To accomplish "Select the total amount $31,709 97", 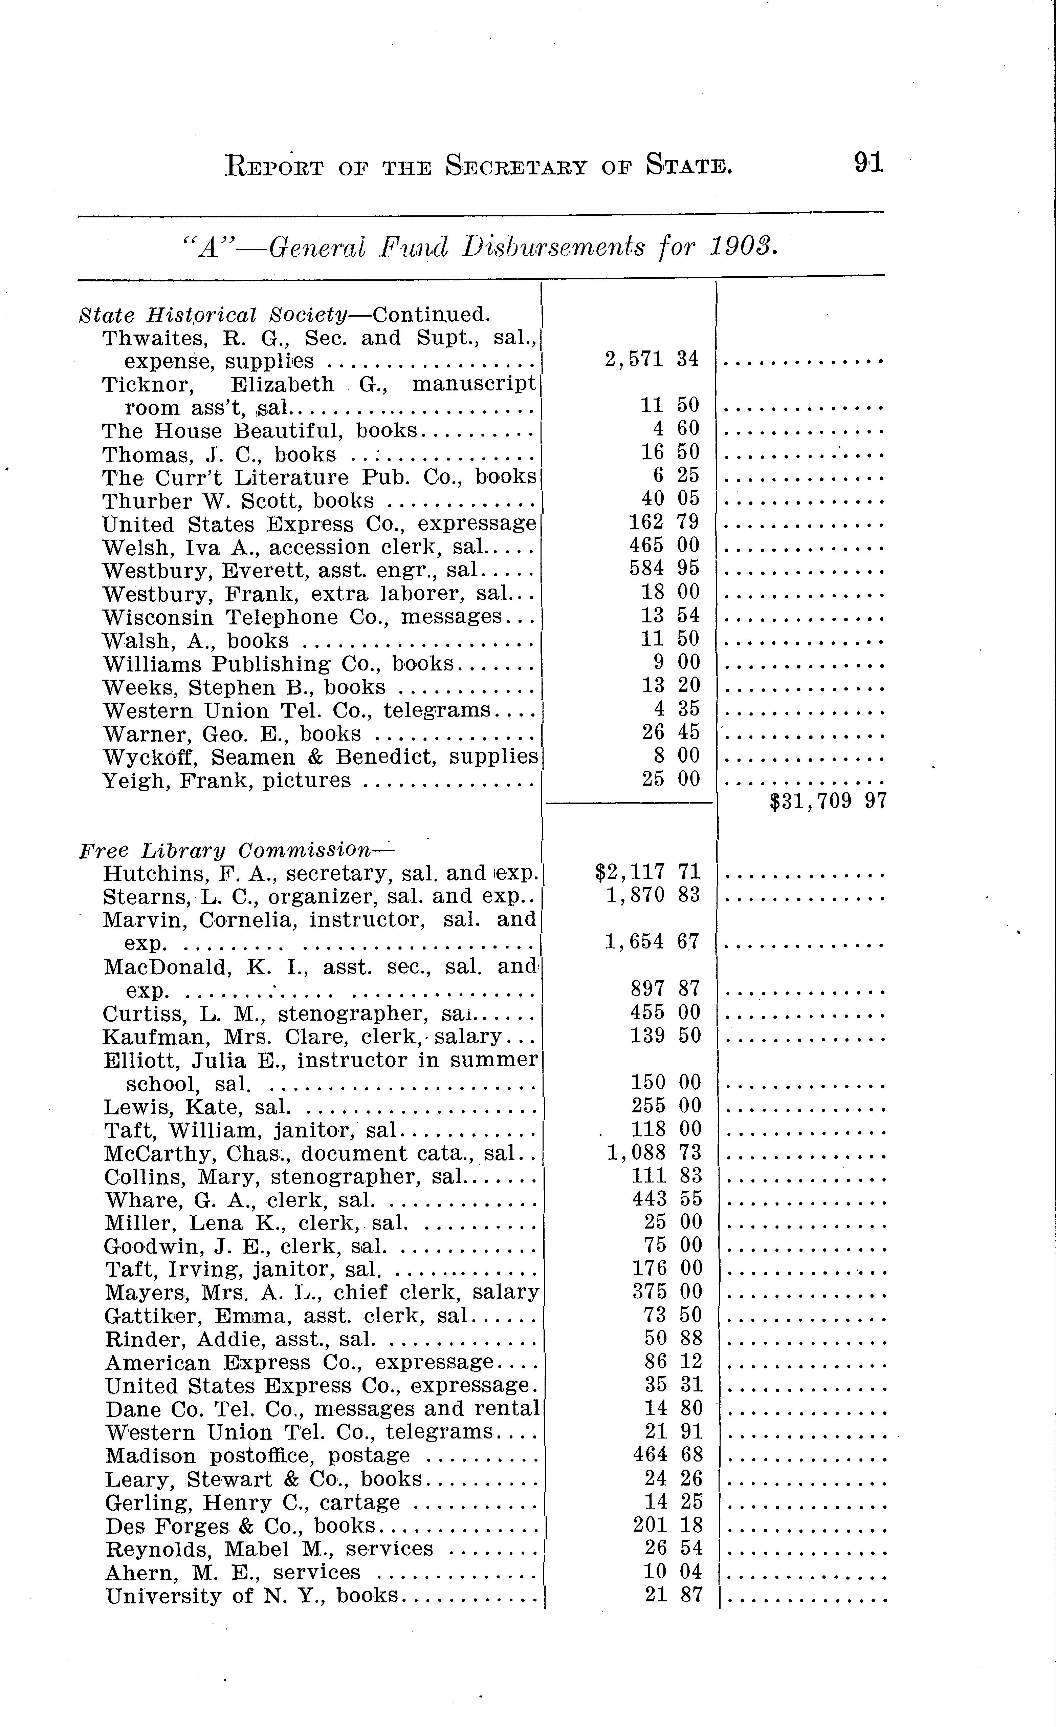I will tap(828, 801).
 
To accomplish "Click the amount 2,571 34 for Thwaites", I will tap(652, 359).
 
